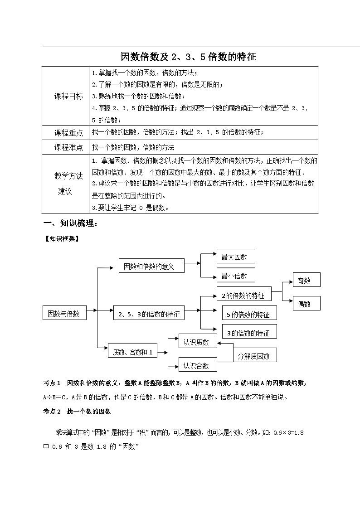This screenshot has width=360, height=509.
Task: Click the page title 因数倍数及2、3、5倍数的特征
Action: pyautogui.click(x=188, y=57)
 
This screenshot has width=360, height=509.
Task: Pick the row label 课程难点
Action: pyautogui.click(x=68, y=147)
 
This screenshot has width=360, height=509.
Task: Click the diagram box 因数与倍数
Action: pyautogui.click(x=64, y=313)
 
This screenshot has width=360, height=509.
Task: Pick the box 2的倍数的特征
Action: pyautogui.click(x=243, y=295)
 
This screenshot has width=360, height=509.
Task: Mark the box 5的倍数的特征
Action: pyautogui.click(x=249, y=314)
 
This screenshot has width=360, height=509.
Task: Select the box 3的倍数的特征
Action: pyautogui.click(x=249, y=333)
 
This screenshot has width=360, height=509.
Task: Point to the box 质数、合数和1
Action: pyautogui.click(x=132, y=352)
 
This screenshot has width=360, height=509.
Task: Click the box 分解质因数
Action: pyautogui.click(x=254, y=356)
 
